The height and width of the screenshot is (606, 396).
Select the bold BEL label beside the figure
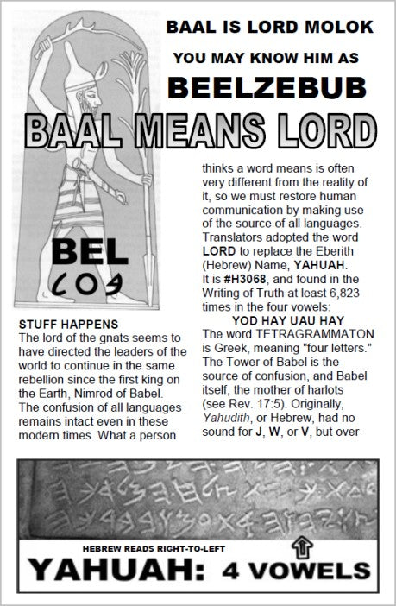coord(79,254)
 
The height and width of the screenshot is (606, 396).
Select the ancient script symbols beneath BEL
coord(79,281)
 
